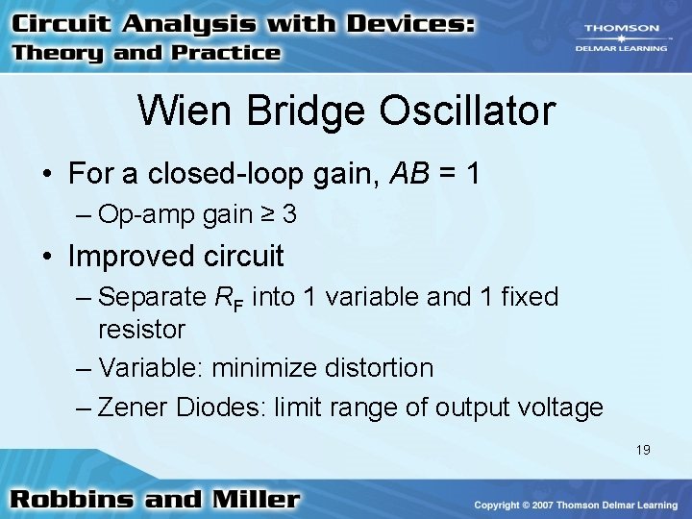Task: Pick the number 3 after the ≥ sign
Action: click(289, 215)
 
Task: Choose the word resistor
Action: click(141, 330)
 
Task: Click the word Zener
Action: click(133, 408)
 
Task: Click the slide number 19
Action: click(642, 449)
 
